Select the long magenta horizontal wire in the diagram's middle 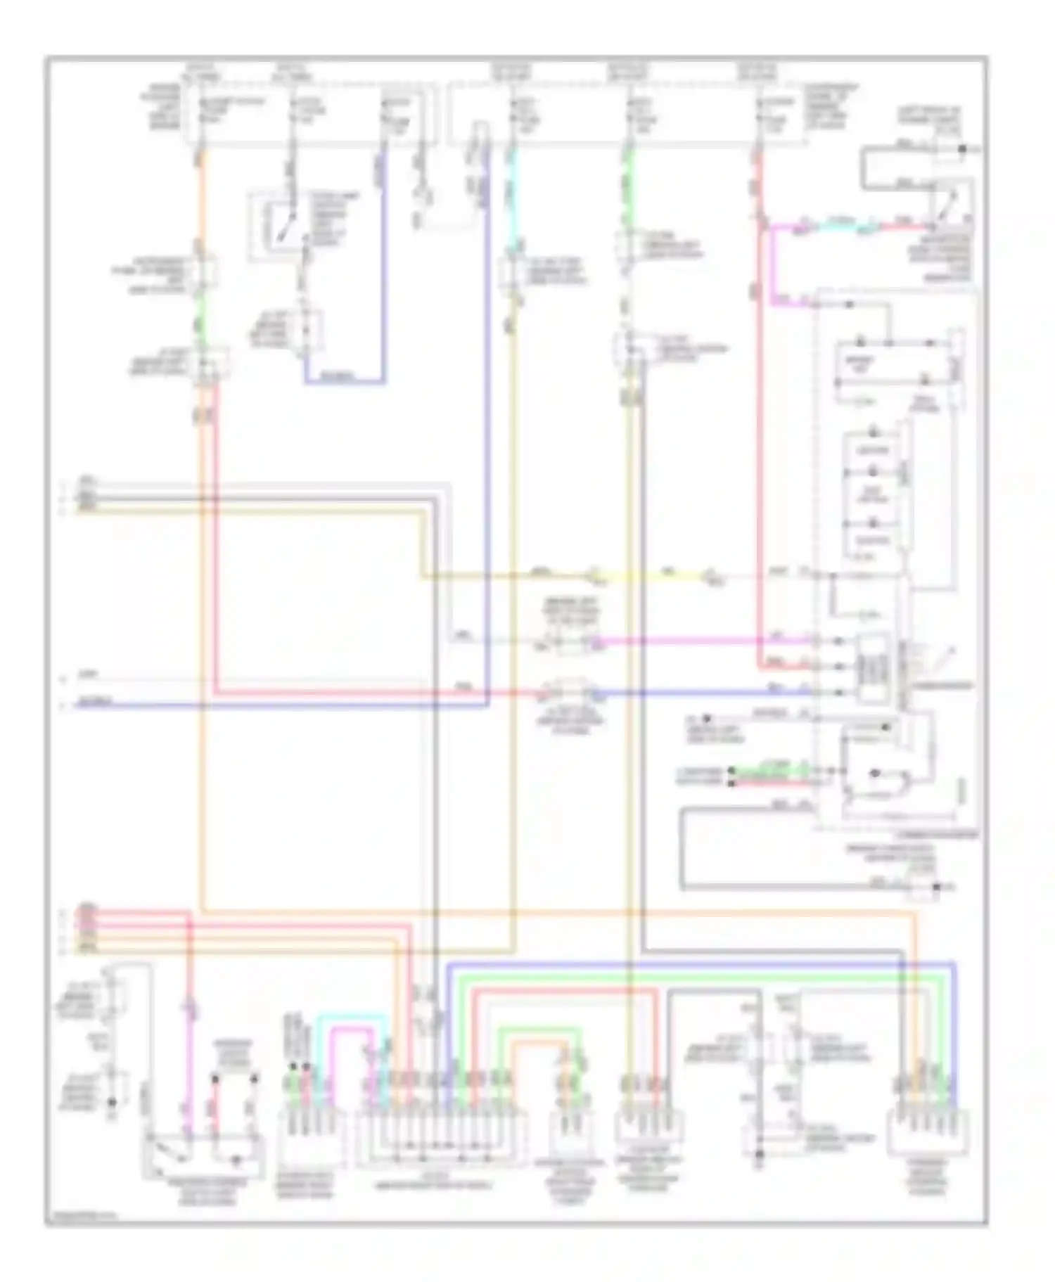coord(703,641)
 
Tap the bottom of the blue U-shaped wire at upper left coord(345,383)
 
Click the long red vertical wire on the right coord(758,457)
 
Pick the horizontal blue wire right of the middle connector coord(703,693)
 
